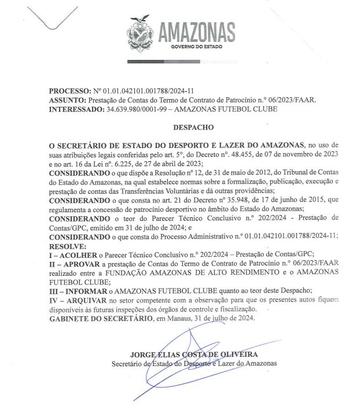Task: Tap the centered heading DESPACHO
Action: [x=194, y=125]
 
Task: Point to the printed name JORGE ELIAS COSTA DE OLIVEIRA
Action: [x=194, y=354]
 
